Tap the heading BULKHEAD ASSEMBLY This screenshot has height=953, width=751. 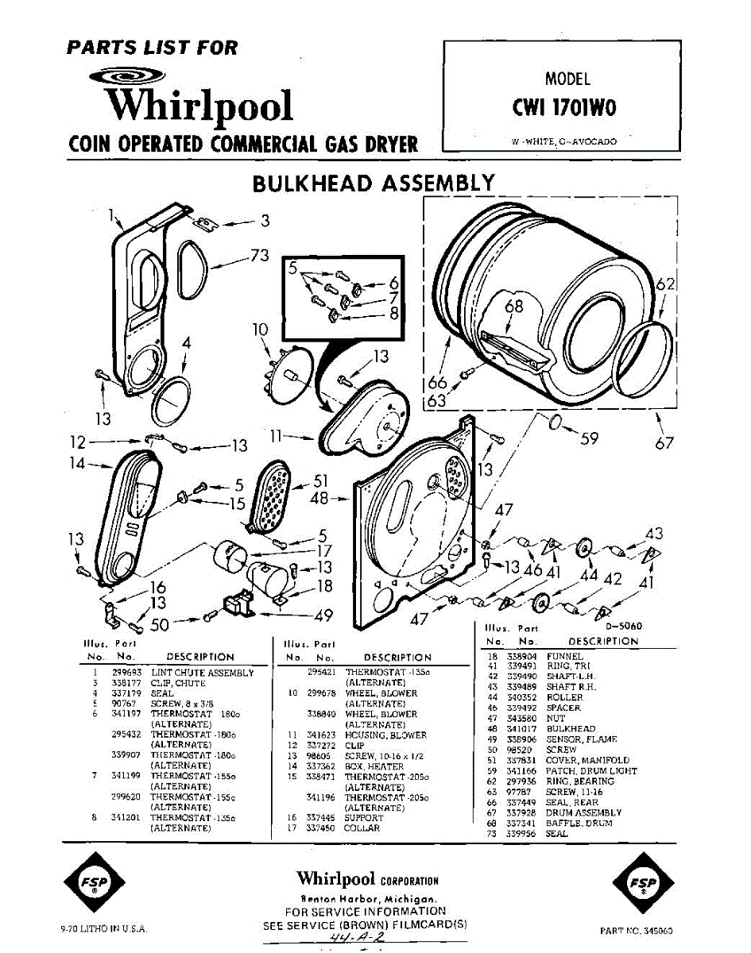tap(374, 183)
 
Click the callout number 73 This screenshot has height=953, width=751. tap(259, 255)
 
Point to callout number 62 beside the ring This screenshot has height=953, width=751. tap(666, 283)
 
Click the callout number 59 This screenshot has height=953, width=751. tap(589, 438)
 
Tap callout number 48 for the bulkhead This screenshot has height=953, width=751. tap(319, 499)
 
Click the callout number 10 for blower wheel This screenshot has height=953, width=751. tap(261, 330)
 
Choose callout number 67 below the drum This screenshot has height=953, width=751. tap(664, 443)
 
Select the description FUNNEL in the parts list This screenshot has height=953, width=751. tap(564, 657)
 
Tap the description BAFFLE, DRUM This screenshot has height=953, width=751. tap(579, 824)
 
